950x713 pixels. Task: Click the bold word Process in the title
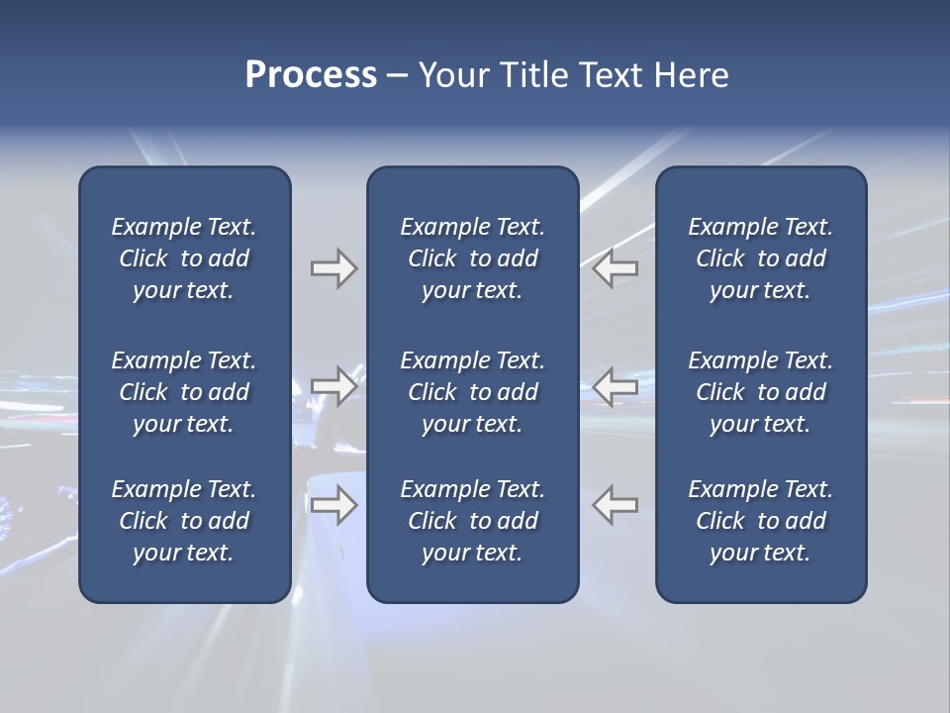pos(311,75)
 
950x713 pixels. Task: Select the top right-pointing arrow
pos(333,268)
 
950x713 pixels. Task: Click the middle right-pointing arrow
pos(333,386)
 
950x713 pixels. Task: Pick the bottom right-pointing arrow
pos(333,505)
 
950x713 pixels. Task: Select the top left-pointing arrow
pos(616,268)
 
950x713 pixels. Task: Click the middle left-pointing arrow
pos(616,386)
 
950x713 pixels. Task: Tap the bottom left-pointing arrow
pos(616,505)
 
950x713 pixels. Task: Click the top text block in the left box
pos(184,258)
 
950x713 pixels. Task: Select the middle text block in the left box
pos(184,392)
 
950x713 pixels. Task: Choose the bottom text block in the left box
pos(184,521)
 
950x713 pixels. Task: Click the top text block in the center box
pos(472,258)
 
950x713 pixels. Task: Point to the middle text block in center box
pos(472,392)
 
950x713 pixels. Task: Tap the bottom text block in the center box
pos(472,521)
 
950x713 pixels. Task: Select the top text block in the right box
pos(760,258)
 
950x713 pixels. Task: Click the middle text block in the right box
pos(760,392)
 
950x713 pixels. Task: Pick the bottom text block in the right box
pos(760,521)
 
